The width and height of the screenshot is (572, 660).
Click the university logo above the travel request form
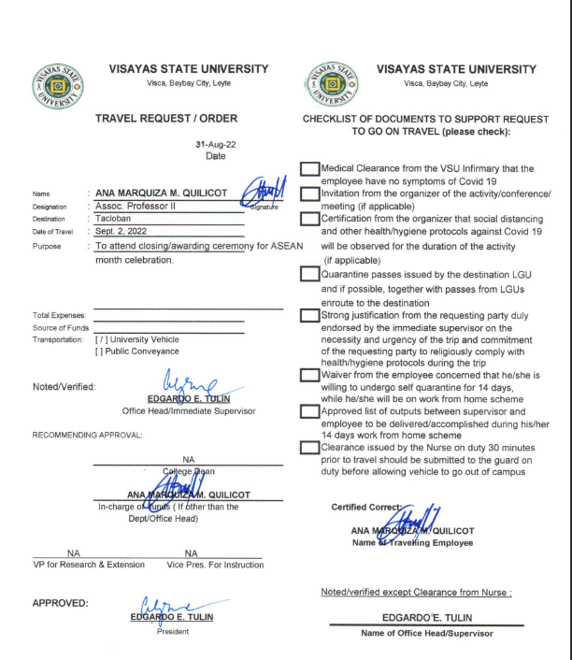[58, 80]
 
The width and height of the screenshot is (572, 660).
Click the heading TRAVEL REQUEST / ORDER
[166, 119]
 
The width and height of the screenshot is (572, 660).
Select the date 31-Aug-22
[214, 145]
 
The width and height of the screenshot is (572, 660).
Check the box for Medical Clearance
[309, 168]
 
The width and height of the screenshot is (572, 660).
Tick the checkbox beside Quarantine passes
[309, 275]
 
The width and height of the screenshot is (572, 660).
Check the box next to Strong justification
[309, 315]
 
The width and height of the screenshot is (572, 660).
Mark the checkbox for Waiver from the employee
[309, 375]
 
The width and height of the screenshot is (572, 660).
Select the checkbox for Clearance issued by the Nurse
[309, 446]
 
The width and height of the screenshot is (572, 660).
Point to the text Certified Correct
[365, 508]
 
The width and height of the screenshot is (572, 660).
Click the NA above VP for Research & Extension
[72, 553]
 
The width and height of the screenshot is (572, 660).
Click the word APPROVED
[62, 602]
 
